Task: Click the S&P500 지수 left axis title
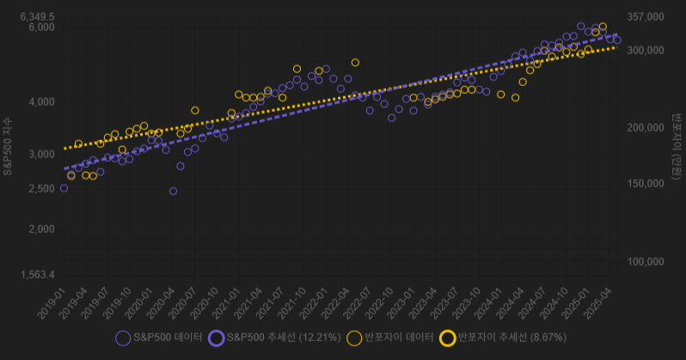tap(8, 146)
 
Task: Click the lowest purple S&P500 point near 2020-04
tap(173, 191)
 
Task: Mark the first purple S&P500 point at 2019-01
tap(64, 188)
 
